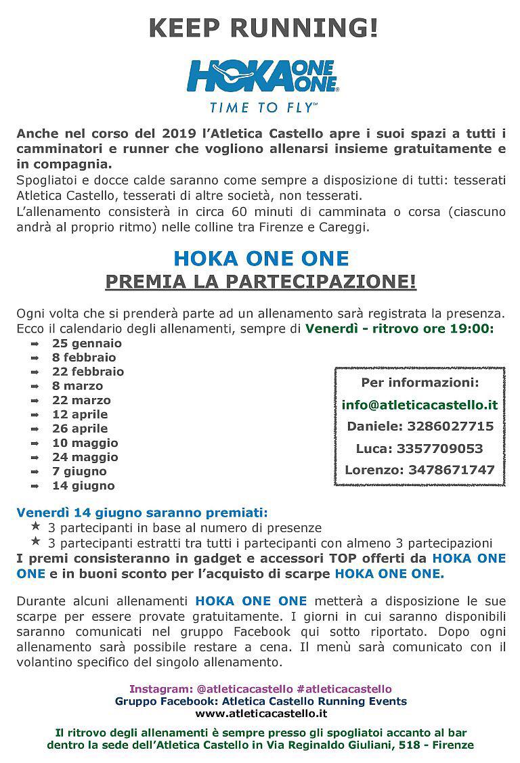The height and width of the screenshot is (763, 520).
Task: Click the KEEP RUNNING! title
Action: [x=263, y=28]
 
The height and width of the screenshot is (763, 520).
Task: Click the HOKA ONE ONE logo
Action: [x=263, y=76]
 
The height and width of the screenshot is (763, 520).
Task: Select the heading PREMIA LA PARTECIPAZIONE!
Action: [x=261, y=281]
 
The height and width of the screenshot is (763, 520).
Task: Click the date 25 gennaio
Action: [x=87, y=343]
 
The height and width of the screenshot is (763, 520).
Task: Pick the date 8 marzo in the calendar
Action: [x=77, y=386]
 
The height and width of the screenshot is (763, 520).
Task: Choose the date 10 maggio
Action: [x=85, y=443]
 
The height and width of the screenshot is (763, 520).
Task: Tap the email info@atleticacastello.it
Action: [x=420, y=405]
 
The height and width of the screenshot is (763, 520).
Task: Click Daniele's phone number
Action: [x=450, y=427]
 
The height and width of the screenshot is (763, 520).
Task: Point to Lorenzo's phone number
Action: [x=451, y=469]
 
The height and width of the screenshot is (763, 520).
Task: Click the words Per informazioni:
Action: [x=420, y=383]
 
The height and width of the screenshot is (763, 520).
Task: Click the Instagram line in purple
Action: [x=261, y=689]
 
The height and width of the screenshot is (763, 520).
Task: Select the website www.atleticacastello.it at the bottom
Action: [x=261, y=713]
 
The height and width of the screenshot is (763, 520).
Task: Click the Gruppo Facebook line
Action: [x=261, y=701]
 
